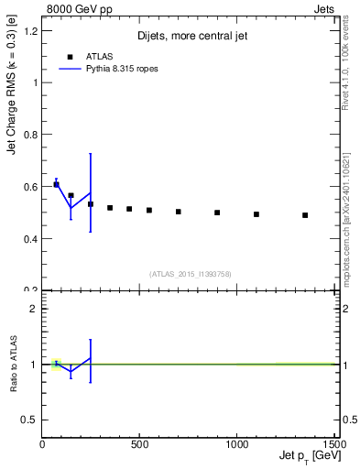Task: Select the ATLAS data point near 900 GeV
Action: (x=217, y=213)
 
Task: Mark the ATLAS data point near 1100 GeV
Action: (x=256, y=214)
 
